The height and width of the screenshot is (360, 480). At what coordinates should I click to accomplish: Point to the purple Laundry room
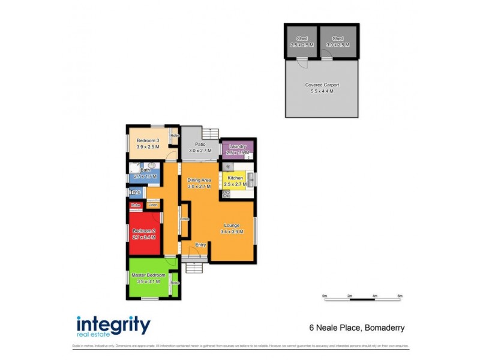tap(238, 149)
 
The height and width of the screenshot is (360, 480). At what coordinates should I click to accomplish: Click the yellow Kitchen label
tap(235, 178)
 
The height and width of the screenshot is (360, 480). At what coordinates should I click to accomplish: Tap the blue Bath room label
tap(145, 170)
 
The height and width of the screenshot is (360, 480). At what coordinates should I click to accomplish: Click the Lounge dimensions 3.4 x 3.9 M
tap(233, 232)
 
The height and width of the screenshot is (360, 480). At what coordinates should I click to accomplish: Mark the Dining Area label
tap(199, 181)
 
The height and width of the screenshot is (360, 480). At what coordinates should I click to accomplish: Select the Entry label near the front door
tap(201, 245)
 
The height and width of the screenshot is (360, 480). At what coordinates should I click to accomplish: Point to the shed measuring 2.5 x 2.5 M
tap(302, 42)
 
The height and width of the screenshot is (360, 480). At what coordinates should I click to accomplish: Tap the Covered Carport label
tap(322, 85)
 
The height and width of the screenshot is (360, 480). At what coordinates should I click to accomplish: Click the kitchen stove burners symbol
tap(226, 194)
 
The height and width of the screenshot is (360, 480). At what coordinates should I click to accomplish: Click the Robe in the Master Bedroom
tap(175, 283)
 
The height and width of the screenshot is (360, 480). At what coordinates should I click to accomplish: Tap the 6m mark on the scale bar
tap(400, 296)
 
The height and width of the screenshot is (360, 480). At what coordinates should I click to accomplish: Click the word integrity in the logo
tap(113, 325)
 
